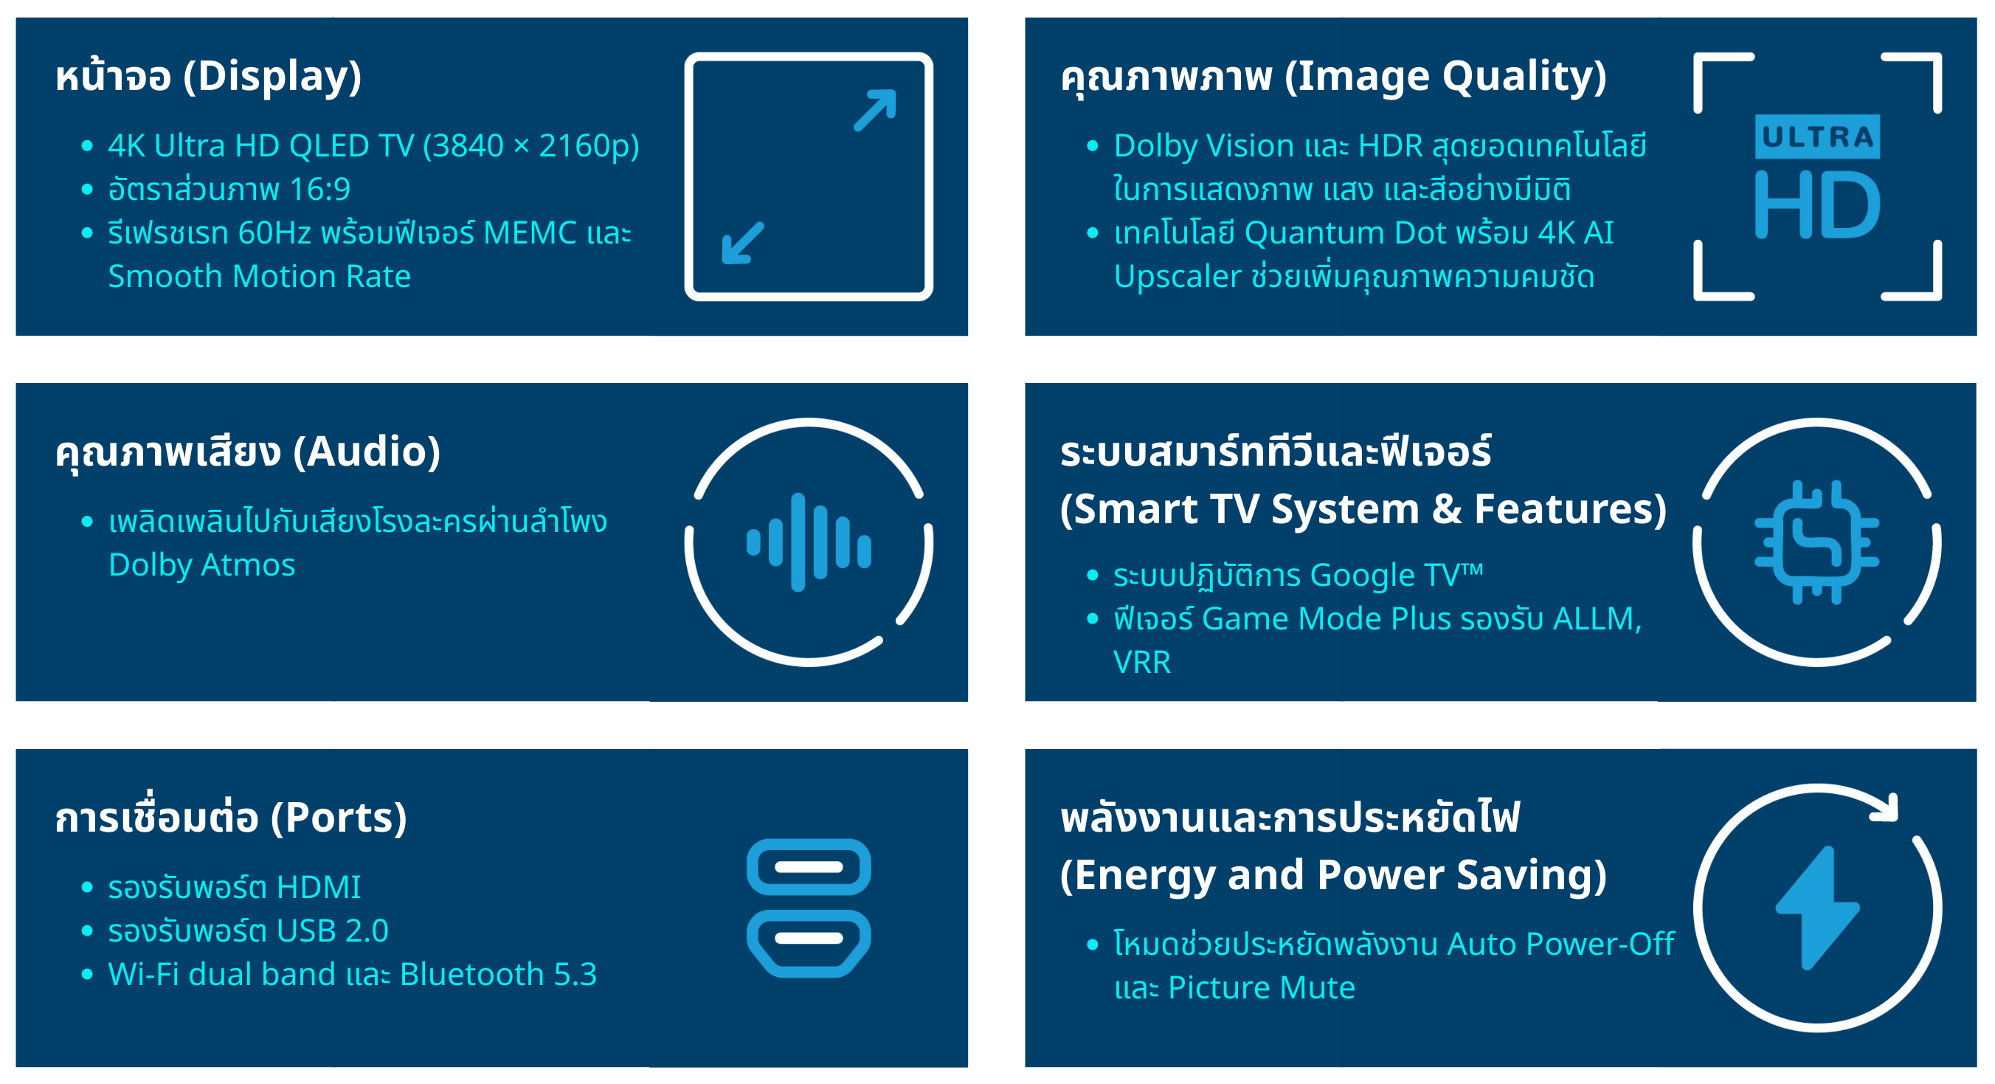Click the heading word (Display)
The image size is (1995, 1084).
click(x=272, y=77)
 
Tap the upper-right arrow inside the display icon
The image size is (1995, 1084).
click(x=875, y=111)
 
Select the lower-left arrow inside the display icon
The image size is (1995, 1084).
click(x=743, y=244)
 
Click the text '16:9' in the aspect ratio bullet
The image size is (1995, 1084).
click(x=320, y=189)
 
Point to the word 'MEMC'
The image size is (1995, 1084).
click(x=530, y=232)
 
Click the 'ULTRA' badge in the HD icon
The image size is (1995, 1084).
click(x=1817, y=137)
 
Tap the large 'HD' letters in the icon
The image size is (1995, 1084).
click(x=1817, y=205)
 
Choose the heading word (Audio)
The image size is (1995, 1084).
click(x=367, y=452)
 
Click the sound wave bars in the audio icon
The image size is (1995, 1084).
click(x=809, y=542)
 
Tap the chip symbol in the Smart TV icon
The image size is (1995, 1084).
click(x=1817, y=542)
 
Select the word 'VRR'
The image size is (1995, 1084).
click(x=1141, y=663)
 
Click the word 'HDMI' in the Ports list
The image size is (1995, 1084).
click(x=318, y=888)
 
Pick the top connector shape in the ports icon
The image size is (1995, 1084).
click(x=809, y=867)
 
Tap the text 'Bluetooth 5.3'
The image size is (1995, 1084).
click(x=498, y=975)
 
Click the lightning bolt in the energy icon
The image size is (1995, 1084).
click(x=1817, y=908)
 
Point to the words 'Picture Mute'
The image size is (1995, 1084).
click(x=1261, y=988)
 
